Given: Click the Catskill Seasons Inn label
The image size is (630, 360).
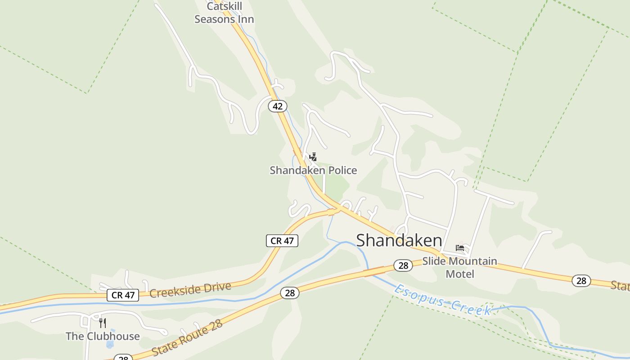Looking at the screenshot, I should pos(224,13).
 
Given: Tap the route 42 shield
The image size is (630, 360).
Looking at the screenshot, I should pos(278,106).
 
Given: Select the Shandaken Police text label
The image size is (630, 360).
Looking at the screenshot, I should pos(313,170).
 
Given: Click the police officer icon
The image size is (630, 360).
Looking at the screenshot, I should pos(313,157).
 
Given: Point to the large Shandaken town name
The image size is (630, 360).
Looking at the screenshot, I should pos(399,240).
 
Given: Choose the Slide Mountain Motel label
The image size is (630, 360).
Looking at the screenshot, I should pos(459,267).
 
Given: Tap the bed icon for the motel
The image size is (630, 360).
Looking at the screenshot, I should pos(460,248).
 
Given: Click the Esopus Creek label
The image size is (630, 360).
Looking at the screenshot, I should pos(443,300).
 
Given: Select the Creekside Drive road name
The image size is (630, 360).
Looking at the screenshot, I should pos(190,290).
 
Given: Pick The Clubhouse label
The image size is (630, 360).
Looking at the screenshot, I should pos(103,336).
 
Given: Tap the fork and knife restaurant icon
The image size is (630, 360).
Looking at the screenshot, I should pos(103,323).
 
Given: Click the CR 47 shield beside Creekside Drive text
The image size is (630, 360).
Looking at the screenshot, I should pos(123,295).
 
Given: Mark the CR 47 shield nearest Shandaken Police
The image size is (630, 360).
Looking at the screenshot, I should pos(282,241).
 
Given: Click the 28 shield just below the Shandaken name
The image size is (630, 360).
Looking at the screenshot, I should pos(403,265).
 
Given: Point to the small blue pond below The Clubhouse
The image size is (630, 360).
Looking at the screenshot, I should pos(110,345).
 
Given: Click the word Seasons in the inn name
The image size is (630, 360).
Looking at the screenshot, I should pos(224,19).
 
